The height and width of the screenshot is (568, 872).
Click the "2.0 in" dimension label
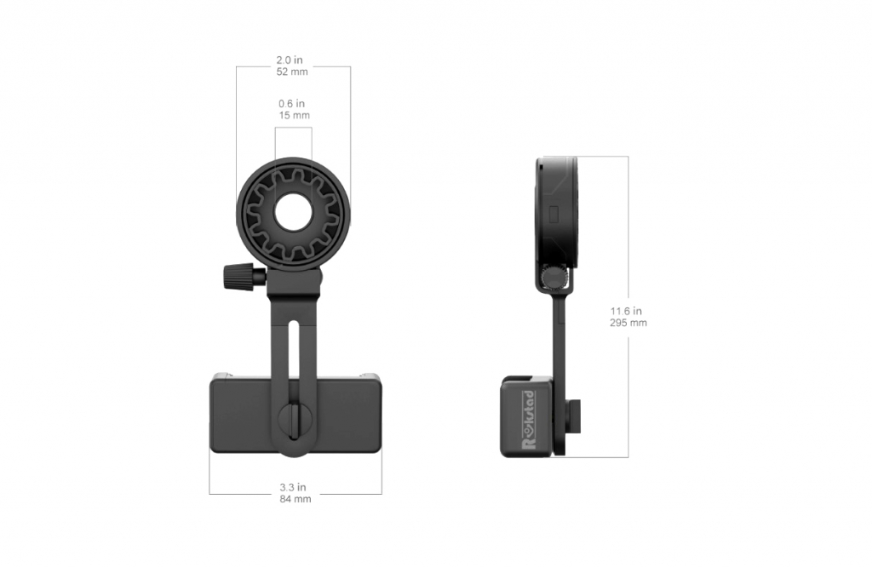pos(290,60)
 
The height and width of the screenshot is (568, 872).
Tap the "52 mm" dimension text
pos(292,72)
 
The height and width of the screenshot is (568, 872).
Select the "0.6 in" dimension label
pos(291,104)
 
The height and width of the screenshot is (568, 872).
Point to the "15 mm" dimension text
pos(294,115)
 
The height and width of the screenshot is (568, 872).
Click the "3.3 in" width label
pos(293,487)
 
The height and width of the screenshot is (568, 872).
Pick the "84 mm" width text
pos(295,499)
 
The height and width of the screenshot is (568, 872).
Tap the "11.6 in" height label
pos(626,311)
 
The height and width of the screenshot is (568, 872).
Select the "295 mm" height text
pos(628,323)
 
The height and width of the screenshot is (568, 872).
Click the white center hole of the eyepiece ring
pos(294,211)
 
